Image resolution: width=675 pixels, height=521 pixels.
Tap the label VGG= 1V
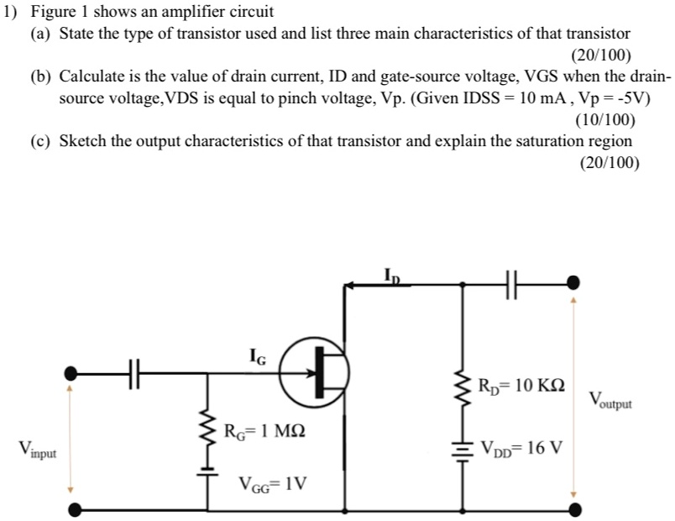273,484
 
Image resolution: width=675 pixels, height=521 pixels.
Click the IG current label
258,359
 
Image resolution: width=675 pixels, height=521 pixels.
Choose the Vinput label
38,450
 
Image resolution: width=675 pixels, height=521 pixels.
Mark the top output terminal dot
574,283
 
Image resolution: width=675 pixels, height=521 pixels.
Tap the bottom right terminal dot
574,508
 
